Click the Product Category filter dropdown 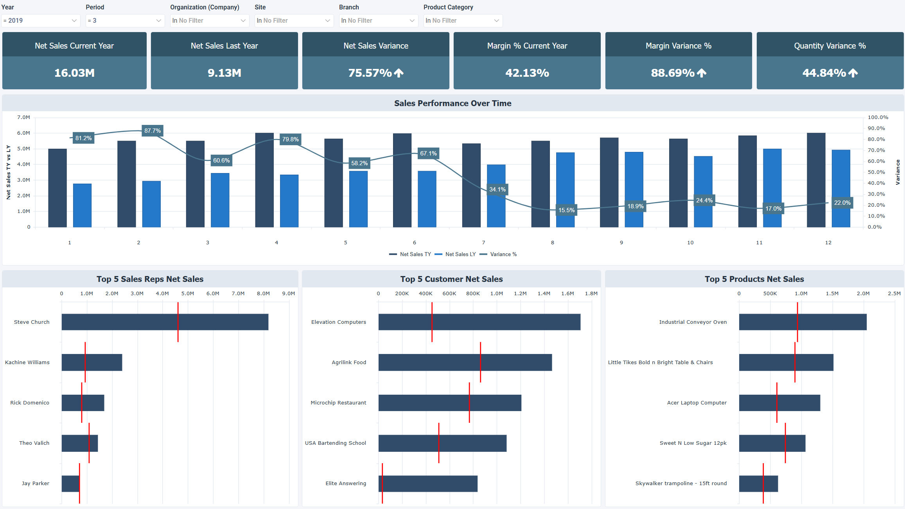tap(463, 21)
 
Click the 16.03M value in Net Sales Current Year tap(74, 73)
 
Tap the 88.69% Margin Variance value tap(673, 73)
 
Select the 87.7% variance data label tap(153, 131)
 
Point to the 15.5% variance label tap(566, 210)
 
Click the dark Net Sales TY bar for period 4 tap(264, 180)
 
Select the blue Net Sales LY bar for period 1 tap(82, 205)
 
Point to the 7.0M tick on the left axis tap(23, 117)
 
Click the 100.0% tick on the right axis tap(878, 117)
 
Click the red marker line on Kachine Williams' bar tap(85, 362)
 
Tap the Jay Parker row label tap(35, 484)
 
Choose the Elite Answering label tap(346, 484)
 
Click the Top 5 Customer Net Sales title tap(451, 279)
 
